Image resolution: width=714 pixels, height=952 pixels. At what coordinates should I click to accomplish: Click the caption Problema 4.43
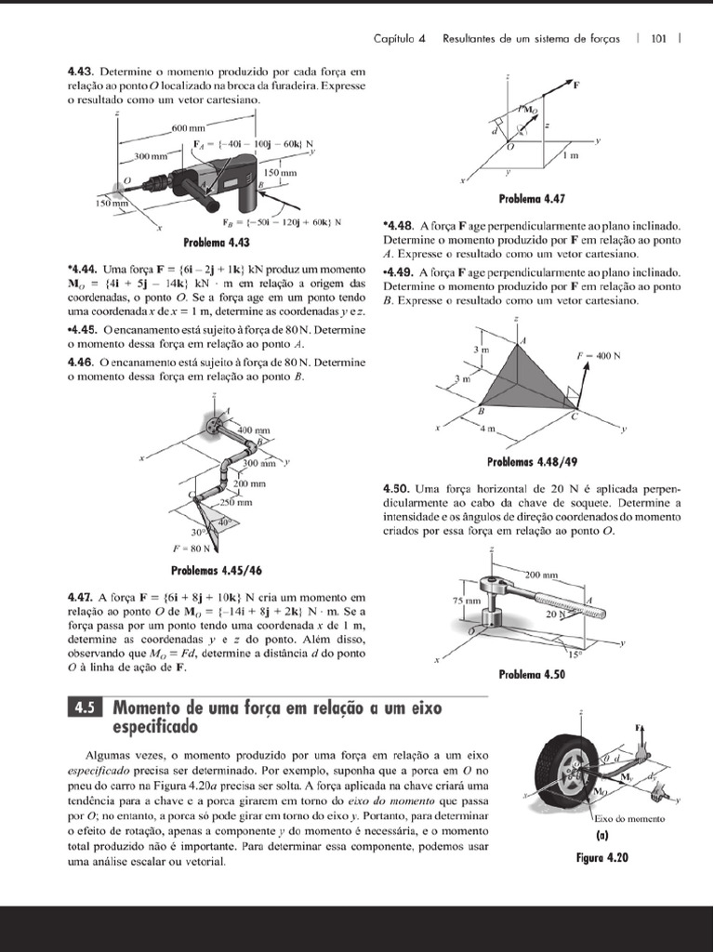pos(217,244)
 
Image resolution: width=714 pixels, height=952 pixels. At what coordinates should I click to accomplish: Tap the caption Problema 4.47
pos(532,199)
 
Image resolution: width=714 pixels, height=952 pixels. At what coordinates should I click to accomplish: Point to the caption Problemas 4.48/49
pos(533,461)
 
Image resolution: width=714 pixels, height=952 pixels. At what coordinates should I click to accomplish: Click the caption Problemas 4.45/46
pos(216,570)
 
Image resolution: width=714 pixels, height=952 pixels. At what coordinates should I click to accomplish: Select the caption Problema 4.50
pos(532,674)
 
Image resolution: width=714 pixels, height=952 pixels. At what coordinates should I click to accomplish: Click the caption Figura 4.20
pos(602,857)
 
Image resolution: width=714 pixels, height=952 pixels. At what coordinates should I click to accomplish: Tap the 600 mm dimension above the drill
pos(189,127)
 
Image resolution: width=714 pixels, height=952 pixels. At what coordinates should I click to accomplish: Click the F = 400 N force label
pos(598,356)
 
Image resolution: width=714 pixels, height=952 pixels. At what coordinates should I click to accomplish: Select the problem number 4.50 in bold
pos(397,488)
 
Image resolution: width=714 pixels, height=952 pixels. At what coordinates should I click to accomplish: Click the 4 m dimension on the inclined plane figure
pos(489,429)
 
